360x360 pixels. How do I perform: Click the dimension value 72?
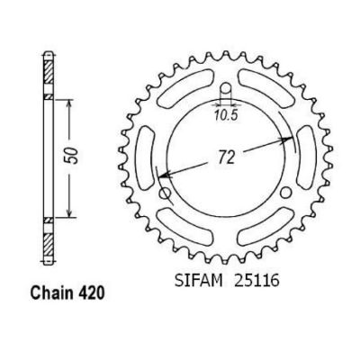tap(226, 158)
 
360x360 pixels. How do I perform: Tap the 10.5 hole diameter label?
tap(226, 115)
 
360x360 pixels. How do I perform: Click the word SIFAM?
tap(199, 281)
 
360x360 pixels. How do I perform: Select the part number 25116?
tap(257, 281)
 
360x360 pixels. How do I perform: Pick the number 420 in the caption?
tap(90, 293)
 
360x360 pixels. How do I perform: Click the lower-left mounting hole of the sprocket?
tap(166, 193)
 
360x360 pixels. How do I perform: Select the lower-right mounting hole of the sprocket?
tap(287, 193)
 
